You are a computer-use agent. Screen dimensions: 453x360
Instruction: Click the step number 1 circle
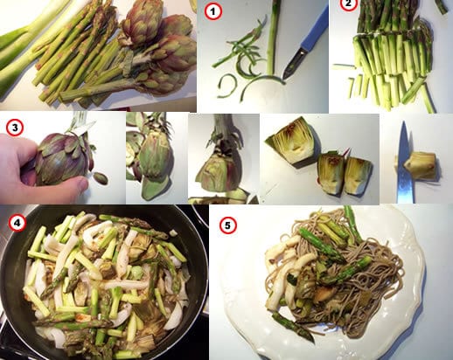(x=213, y=11)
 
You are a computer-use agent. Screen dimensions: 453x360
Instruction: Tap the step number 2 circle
(x=349, y=4)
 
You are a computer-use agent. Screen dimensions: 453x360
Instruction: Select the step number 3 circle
(x=15, y=128)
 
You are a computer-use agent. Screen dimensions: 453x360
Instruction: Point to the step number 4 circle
(x=17, y=223)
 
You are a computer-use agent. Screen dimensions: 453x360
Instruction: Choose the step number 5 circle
(x=228, y=225)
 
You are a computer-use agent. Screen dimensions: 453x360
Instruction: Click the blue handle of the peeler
(x=315, y=31)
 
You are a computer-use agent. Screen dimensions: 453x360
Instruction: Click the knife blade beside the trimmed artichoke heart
(x=405, y=163)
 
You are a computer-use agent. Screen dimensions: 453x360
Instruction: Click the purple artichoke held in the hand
(x=63, y=157)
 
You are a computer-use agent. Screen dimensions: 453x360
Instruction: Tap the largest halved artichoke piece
(x=292, y=142)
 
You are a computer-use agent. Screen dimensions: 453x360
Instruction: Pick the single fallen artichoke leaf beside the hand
(x=101, y=178)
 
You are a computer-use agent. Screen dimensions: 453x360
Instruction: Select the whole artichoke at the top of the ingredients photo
(x=143, y=22)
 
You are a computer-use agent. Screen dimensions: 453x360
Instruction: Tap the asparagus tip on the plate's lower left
(x=293, y=326)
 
